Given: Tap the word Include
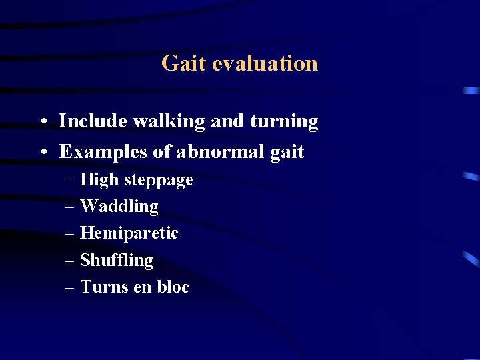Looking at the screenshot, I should point(93,121).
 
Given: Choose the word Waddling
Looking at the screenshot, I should point(119,207).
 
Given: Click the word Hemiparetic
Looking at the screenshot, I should point(129,234).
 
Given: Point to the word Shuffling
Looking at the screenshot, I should point(117,261).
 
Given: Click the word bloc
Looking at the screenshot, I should point(173,287).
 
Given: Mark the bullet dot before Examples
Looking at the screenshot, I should point(43,153).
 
